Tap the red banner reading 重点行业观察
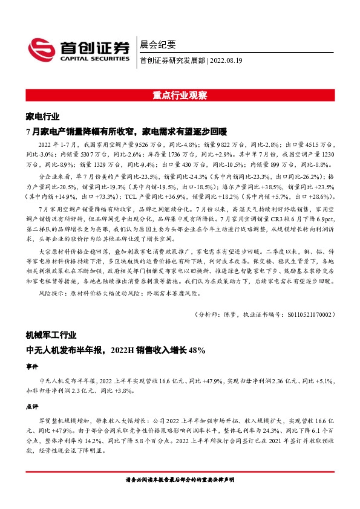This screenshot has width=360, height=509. click(x=180, y=95)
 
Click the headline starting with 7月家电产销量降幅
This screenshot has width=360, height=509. click(x=126, y=131)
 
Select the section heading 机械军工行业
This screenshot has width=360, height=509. click(x=51, y=334)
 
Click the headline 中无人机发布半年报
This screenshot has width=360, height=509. click(x=116, y=349)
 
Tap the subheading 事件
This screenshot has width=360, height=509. click(x=32, y=366)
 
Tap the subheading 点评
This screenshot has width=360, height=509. click(x=32, y=407)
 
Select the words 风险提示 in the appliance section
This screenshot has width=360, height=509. click(x=50, y=293)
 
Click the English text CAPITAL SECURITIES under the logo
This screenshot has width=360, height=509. click(x=94, y=59)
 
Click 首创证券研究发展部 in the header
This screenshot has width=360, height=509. click(x=172, y=60)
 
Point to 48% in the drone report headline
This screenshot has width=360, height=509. click(x=197, y=349)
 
